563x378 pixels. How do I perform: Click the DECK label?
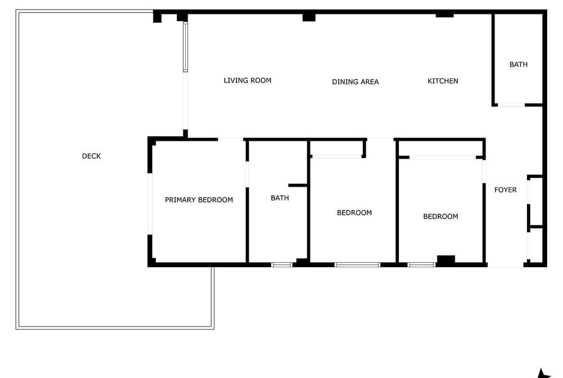click(91, 156)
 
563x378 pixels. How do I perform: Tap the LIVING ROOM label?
click(247, 80)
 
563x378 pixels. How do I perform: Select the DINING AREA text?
click(355, 82)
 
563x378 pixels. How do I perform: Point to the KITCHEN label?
click(443, 81)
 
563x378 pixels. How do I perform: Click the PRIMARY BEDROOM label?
click(199, 200)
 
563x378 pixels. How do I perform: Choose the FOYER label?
click(506, 190)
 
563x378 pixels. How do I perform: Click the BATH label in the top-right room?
click(518, 65)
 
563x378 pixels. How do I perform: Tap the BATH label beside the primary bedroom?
click(280, 198)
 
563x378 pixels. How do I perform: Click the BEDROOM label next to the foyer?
click(441, 216)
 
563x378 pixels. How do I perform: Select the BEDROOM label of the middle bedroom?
click(354, 213)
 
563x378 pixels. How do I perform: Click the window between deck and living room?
click(185, 47)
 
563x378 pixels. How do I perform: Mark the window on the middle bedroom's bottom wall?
click(357, 265)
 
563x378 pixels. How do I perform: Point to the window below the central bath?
click(282, 265)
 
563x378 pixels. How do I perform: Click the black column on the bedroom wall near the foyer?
click(446, 259)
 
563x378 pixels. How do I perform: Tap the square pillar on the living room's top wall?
click(309, 17)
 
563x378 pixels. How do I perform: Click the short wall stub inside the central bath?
click(298, 185)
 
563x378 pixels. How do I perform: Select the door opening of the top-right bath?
click(512, 105)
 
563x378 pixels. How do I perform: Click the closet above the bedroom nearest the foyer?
click(441, 149)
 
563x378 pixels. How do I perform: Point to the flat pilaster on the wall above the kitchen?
click(445, 15)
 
